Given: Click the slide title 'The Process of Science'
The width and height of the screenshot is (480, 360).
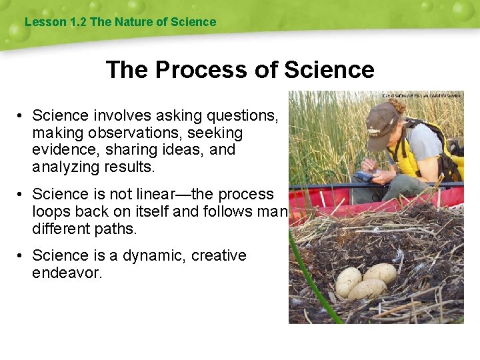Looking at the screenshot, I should click(x=240, y=69).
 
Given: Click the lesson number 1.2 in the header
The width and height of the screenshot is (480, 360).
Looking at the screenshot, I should click(x=78, y=22).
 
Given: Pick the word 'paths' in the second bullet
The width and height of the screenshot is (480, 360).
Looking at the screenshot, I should click(x=114, y=228).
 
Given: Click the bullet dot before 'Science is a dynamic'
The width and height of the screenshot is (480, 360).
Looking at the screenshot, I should click(x=21, y=256).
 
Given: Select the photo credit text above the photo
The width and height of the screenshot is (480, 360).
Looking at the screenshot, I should click(x=421, y=95).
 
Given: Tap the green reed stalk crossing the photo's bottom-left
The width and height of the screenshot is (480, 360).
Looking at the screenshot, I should click(x=310, y=280).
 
